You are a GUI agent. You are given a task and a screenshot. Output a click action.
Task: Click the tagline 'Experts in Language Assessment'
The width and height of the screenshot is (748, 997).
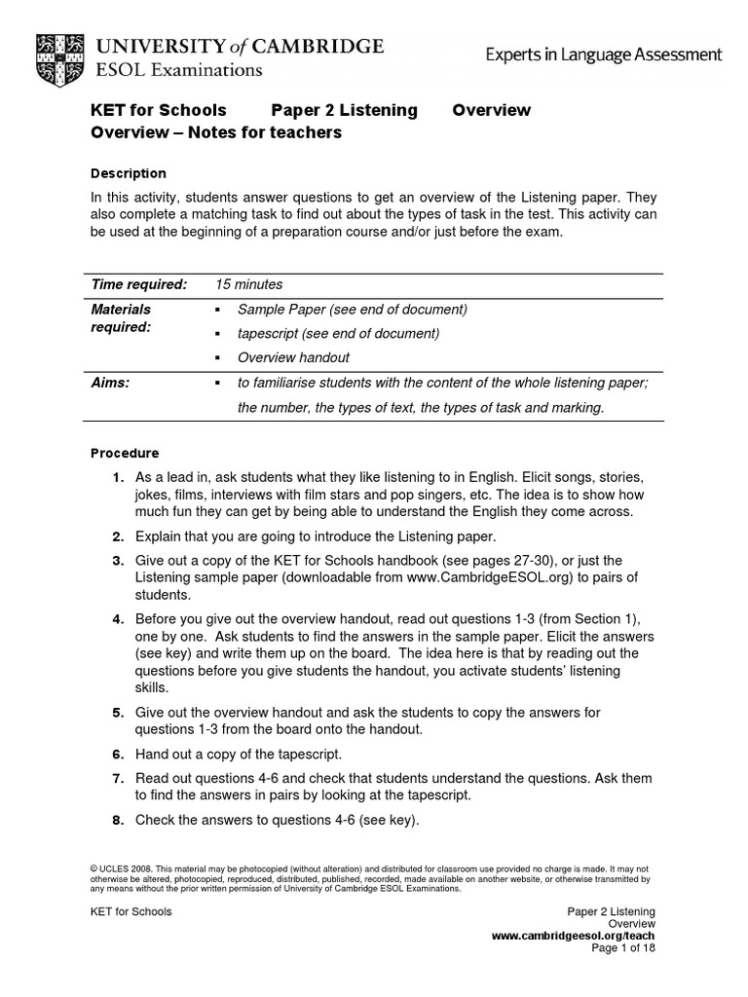tap(604, 55)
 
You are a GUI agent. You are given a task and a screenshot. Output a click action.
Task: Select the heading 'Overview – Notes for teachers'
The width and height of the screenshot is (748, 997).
tap(216, 132)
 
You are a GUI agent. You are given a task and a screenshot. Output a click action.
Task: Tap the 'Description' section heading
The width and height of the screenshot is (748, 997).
tap(129, 173)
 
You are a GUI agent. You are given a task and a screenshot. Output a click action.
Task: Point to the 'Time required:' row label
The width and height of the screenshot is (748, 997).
tap(138, 284)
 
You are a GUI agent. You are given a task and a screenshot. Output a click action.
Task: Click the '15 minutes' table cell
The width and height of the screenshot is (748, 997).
tap(249, 284)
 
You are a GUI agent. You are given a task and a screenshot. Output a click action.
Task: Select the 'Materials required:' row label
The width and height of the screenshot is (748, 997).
tap(122, 317)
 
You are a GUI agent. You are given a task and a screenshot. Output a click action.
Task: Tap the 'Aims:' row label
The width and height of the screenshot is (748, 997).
tap(110, 383)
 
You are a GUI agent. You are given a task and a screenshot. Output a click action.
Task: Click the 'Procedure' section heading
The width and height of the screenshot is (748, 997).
tap(125, 453)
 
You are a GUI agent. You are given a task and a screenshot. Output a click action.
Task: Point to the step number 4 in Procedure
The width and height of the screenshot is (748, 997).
tap(117, 619)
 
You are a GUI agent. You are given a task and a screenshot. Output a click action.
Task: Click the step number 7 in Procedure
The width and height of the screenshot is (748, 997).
tap(117, 778)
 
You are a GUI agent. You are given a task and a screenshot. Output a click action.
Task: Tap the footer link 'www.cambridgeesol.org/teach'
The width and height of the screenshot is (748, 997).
tap(573, 935)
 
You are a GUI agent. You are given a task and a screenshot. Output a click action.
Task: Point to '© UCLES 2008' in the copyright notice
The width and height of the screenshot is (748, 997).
tap(121, 867)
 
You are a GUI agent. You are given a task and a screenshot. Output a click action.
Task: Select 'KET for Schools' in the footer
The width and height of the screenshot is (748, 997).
tap(131, 911)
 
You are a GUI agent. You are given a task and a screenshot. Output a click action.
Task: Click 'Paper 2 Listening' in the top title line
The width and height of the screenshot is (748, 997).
tap(344, 110)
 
